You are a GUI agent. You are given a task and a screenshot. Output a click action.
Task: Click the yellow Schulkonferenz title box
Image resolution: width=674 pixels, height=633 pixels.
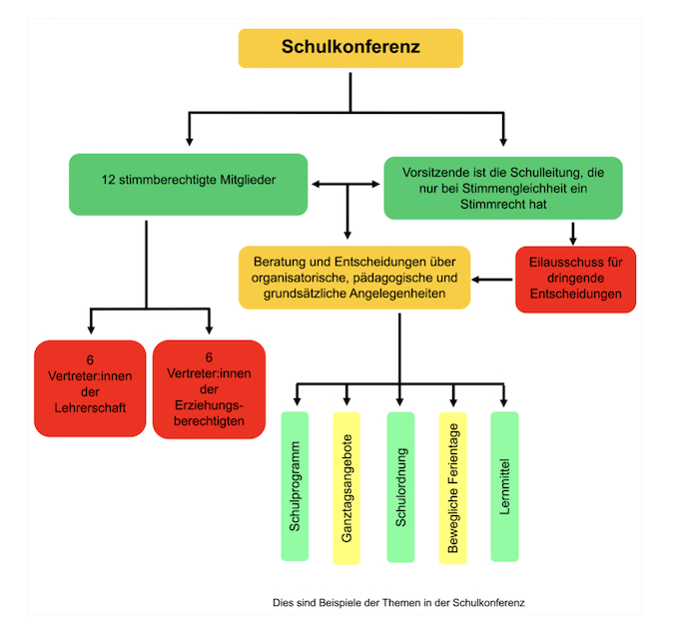coord(350,47)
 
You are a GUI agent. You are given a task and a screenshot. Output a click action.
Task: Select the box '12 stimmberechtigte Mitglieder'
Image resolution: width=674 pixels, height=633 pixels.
coord(189,183)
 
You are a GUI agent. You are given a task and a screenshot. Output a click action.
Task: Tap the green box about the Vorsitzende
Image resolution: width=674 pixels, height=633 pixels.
coord(502,188)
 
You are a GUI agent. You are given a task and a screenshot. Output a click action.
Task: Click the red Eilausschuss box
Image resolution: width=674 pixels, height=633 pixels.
coord(575,279)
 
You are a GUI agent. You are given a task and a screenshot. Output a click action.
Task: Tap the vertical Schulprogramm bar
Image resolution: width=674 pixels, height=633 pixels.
coord(296,485)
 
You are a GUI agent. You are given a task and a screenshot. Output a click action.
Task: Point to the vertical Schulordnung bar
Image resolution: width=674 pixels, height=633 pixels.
coord(400,485)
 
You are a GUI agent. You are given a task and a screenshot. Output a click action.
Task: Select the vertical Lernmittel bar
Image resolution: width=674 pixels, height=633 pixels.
coord(504,485)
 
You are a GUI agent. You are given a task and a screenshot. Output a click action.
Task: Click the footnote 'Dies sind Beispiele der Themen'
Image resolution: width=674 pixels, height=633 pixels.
coord(398,603)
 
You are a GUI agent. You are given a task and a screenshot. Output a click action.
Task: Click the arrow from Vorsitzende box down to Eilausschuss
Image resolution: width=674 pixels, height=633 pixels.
coord(574,233)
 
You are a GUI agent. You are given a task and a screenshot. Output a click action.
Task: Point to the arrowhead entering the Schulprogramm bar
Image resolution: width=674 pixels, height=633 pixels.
coord(297,400)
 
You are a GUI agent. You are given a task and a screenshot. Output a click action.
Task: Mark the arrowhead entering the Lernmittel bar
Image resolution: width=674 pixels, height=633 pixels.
coord(504,400)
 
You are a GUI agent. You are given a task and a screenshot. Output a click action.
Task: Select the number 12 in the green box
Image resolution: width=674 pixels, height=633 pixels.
coord(109,182)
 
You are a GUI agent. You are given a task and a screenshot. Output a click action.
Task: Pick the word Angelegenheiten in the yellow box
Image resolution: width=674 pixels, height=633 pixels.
coord(395,296)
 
